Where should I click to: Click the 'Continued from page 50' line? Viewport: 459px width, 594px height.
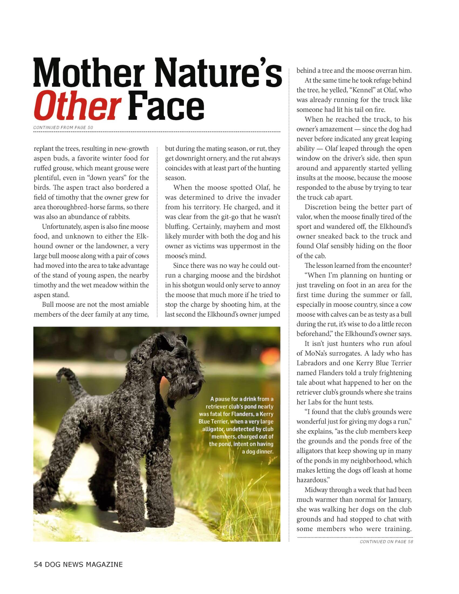click(x=63, y=127)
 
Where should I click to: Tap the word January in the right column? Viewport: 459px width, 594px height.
click(x=399, y=500)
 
